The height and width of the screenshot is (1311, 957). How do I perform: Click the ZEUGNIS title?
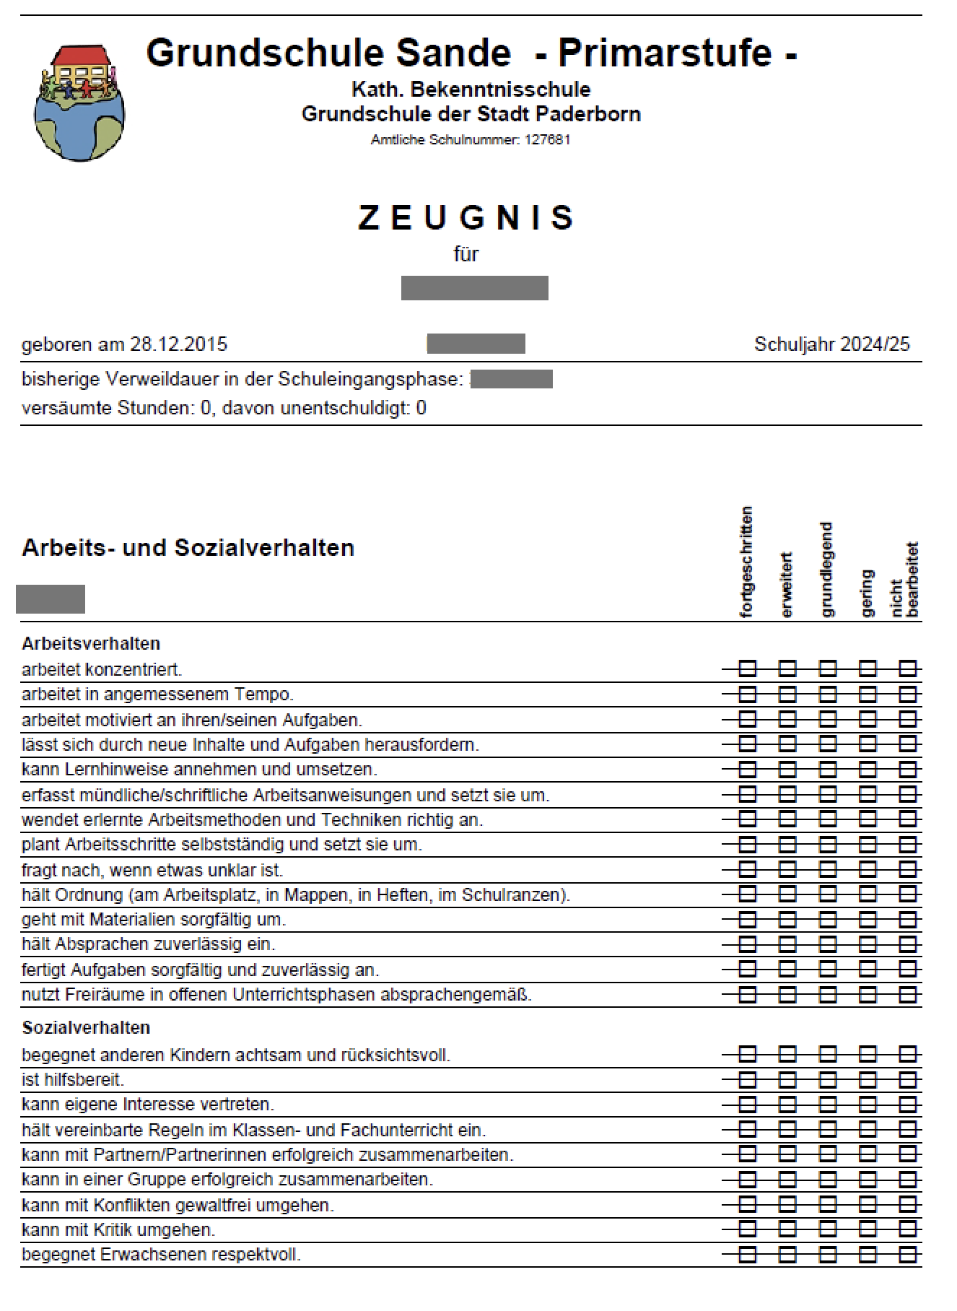[x=466, y=218]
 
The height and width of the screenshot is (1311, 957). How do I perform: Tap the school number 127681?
[x=547, y=140]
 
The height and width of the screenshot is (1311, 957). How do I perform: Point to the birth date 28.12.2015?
[x=178, y=344]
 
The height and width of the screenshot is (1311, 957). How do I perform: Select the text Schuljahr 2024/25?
[x=831, y=344]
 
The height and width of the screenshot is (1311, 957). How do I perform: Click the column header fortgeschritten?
[x=746, y=562]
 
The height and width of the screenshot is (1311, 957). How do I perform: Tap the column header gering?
[x=867, y=593]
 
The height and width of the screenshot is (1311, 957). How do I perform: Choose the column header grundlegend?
[x=827, y=570]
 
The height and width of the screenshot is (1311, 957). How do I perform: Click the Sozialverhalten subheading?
[x=86, y=1027]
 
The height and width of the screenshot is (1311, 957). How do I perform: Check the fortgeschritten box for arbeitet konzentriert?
[x=748, y=668]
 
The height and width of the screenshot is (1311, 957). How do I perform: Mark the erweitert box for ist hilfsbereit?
[x=787, y=1080]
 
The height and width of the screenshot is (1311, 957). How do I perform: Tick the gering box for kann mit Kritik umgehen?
[x=868, y=1229]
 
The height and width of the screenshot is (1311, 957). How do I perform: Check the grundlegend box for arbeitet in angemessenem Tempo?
[x=828, y=694]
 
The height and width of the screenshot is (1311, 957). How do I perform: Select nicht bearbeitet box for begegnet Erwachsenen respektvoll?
[x=907, y=1254]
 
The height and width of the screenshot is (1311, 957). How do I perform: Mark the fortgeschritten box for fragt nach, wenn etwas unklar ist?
[x=748, y=870]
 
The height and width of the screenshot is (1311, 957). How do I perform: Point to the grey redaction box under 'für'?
[x=474, y=287]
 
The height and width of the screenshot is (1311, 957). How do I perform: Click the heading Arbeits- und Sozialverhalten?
[x=188, y=547]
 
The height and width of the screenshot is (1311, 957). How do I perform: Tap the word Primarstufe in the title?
[x=665, y=53]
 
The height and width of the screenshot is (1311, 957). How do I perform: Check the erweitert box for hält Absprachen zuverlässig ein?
[x=787, y=944]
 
